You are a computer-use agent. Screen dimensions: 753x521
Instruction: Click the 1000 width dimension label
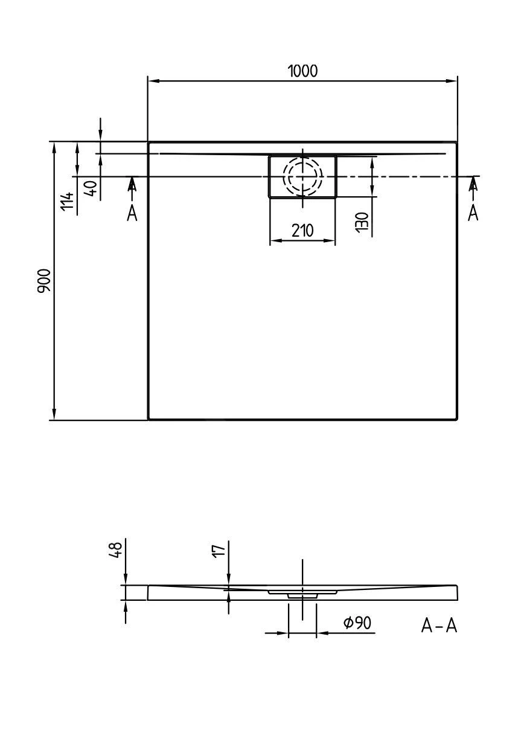point(302,71)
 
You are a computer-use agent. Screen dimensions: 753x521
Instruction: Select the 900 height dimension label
point(45,281)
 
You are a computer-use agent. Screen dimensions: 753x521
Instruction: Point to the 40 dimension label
point(91,188)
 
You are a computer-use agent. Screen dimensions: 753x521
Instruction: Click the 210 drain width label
point(302,230)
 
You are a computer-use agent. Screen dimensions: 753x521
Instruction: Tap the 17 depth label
point(219,549)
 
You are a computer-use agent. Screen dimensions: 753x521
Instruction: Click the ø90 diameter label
point(357,623)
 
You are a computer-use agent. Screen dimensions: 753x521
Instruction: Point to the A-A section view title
point(439,626)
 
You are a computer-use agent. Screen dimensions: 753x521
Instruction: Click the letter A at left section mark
point(132,213)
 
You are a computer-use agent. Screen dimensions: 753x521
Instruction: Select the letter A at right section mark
point(473,213)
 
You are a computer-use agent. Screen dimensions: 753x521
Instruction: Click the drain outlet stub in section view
point(302,595)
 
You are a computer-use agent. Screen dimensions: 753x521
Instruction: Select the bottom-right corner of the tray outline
point(457,418)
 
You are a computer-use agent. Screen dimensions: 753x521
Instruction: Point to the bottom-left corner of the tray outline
point(149,418)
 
